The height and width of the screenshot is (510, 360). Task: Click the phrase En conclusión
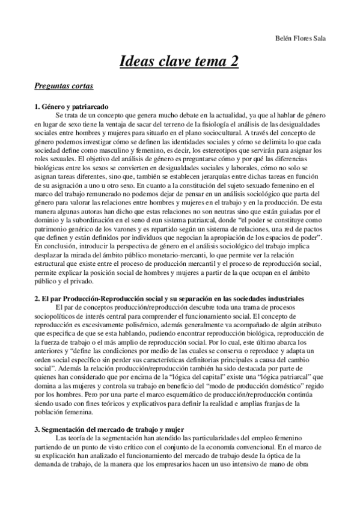pyautogui.click(x=55, y=262)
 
